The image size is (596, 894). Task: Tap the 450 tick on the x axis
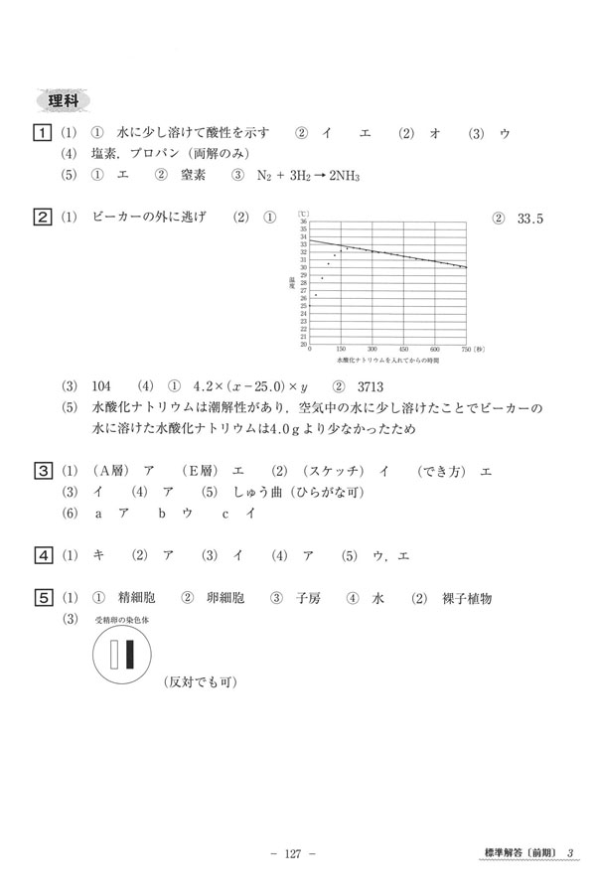pos(404,350)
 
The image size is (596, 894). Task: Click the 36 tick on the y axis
pos(304,222)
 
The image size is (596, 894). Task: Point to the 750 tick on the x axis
pos(465,350)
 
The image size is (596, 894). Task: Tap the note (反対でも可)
pos(199,683)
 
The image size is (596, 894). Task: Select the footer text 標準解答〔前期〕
pos(517,853)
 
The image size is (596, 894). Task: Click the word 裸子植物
pos(463,599)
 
